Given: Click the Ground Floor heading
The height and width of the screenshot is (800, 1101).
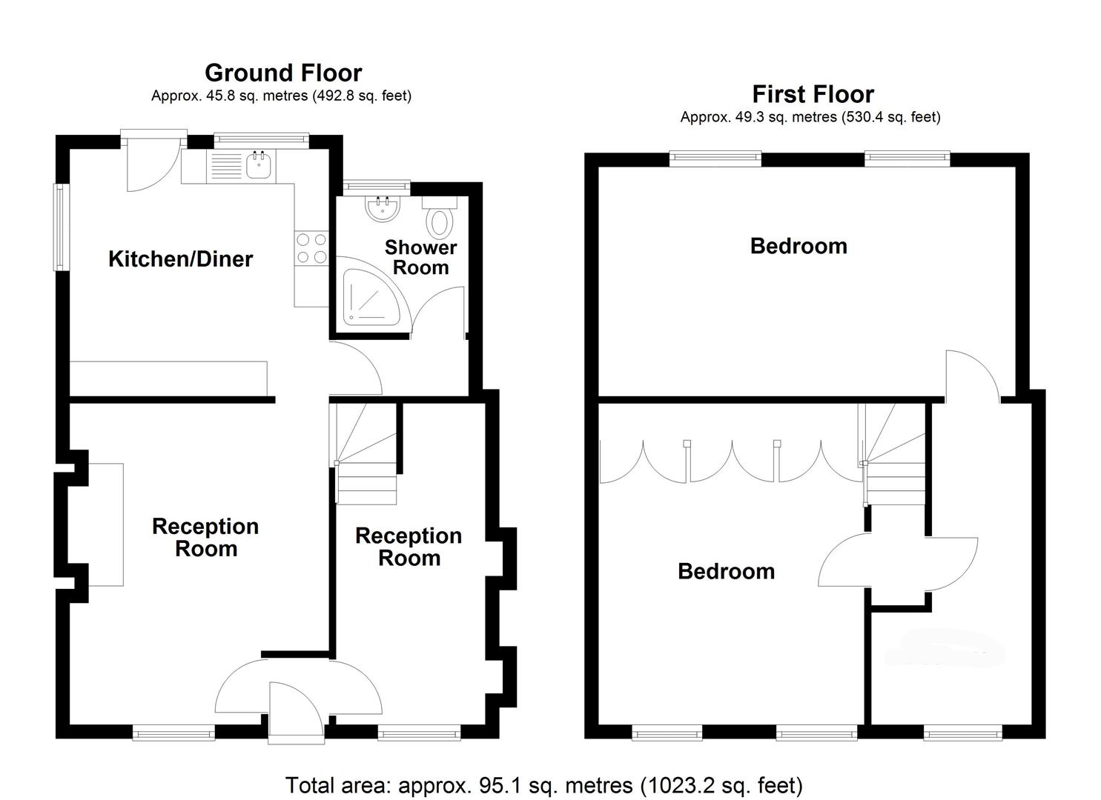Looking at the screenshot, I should pyautogui.click(x=283, y=73).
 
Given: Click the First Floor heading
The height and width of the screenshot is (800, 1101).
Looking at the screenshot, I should pyautogui.click(x=813, y=94).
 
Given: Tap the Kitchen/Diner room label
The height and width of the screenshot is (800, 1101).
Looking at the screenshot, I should pyautogui.click(x=180, y=259).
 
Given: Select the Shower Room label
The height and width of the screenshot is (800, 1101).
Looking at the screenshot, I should pyautogui.click(x=420, y=257).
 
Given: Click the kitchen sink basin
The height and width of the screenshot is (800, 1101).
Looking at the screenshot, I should pyautogui.click(x=259, y=166).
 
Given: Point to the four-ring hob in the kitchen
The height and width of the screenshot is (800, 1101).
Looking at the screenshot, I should pyautogui.click(x=311, y=248).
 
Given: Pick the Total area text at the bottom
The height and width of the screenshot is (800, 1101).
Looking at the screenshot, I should pyautogui.click(x=543, y=785).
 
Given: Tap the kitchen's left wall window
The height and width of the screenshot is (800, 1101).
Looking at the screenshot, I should pyautogui.click(x=58, y=227).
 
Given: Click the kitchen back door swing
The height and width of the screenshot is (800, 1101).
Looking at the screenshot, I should pyautogui.click(x=150, y=164).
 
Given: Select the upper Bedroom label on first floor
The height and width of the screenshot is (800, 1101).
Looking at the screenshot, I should pyautogui.click(x=799, y=246).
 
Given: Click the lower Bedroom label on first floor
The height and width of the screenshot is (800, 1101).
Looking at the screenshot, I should pyautogui.click(x=726, y=571).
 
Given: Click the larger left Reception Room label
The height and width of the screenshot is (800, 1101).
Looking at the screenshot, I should pyautogui.click(x=205, y=537).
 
